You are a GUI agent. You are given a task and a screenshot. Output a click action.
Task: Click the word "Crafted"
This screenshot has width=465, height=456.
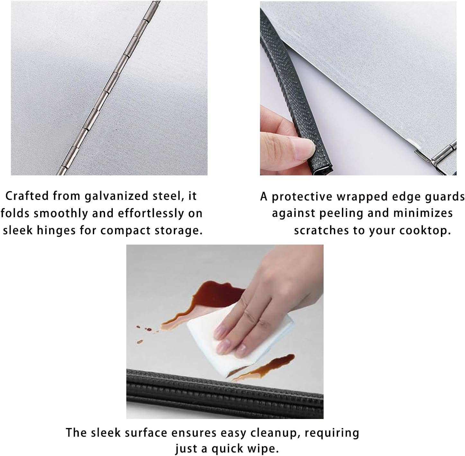(27, 196)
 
